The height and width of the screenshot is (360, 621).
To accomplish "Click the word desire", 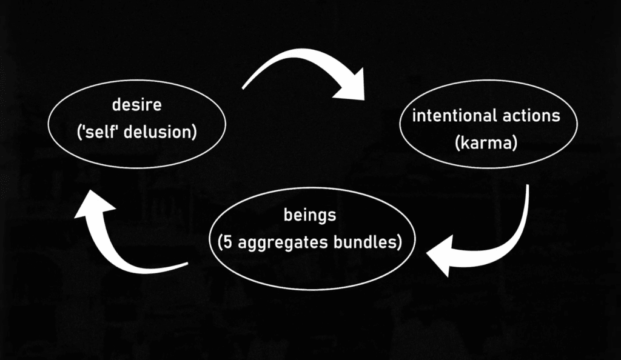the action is [x=136, y=105].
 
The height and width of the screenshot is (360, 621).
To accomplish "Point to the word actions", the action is [x=526, y=115].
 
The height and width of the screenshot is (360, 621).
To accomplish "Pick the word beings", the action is [x=309, y=215].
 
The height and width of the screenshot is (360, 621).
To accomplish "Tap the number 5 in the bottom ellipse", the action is [x=226, y=242].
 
